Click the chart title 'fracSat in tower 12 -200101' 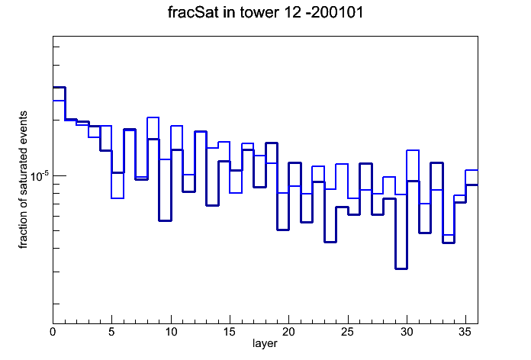[265, 12]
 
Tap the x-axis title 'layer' [265, 343]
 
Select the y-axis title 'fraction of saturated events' [23, 180]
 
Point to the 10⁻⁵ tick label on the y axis [40, 176]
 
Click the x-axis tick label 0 [53, 332]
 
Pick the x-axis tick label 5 [111, 332]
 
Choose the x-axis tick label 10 [171, 332]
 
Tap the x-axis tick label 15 [230, 332]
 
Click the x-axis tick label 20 [288, 332]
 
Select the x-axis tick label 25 [347, 332]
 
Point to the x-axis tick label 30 [407, 332]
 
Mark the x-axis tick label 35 [465, 332]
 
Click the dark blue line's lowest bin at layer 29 [401, 269]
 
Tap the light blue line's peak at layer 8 [153, 117]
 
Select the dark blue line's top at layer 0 [59, 88]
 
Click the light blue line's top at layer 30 [413, 150]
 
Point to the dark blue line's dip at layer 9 [165, 221]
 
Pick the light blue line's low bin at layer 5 [117, 198]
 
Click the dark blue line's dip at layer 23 [330, 242]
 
